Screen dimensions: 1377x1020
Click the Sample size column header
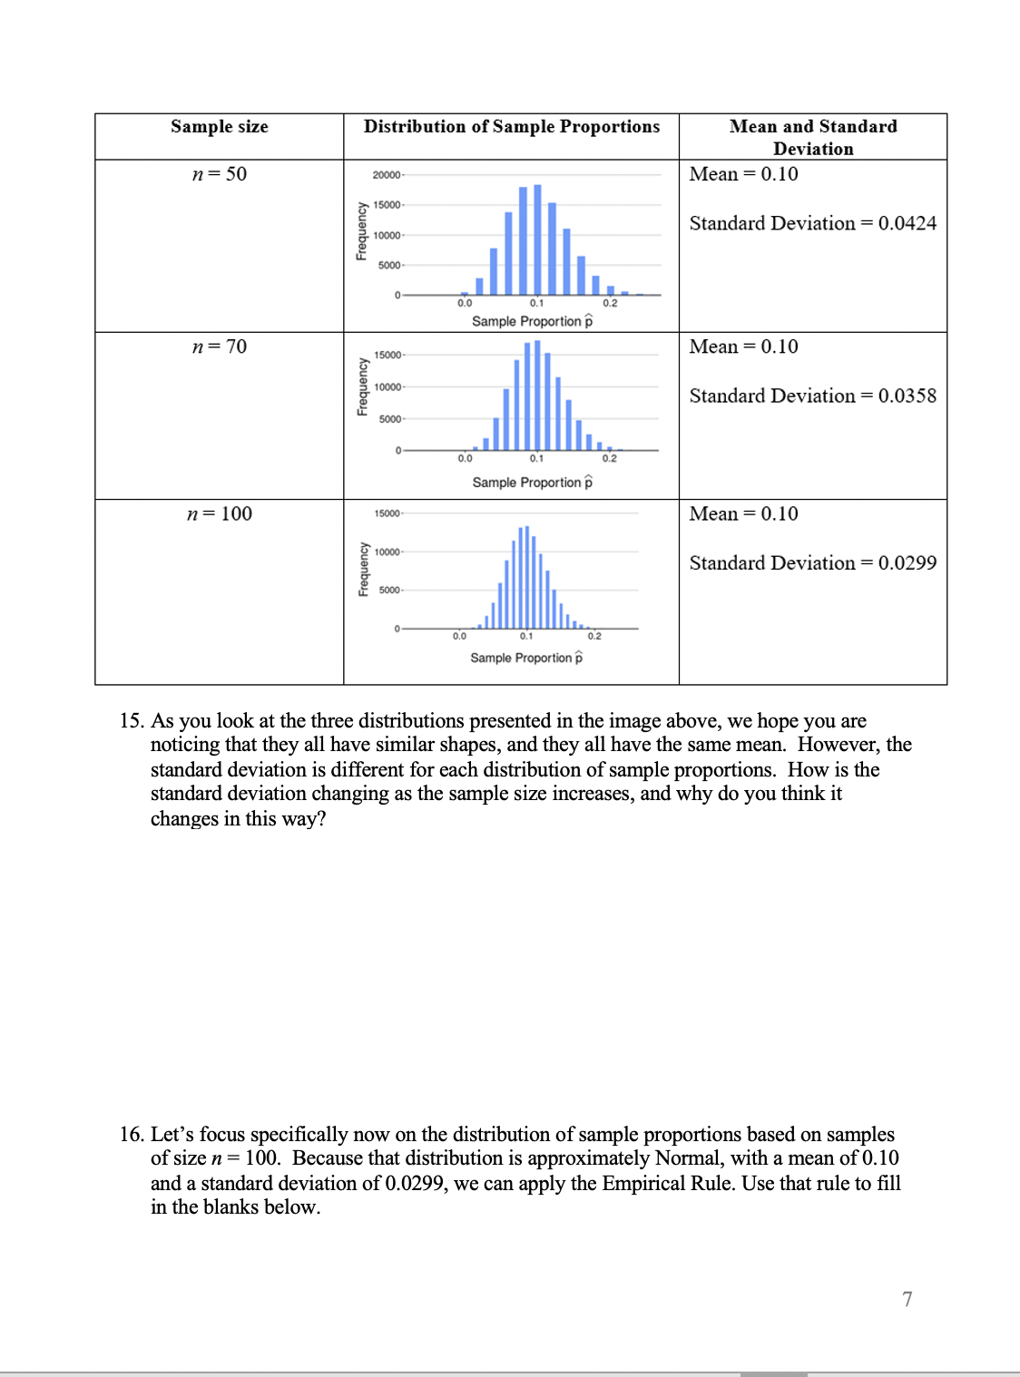pos(219,127)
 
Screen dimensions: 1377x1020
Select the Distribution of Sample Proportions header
pos(511,127)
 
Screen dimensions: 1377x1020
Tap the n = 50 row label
pos(219,174)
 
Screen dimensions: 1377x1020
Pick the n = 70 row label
pos(219,347)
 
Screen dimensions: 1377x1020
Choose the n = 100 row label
pos(219,514)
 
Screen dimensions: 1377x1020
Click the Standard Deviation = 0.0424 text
pos(812,223)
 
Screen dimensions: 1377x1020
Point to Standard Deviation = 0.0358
pos(812,396)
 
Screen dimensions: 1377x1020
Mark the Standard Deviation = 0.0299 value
pos(812,563)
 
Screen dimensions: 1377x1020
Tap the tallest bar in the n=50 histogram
pos(537,239)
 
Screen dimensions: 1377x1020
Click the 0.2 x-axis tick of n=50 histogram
pos(610,303)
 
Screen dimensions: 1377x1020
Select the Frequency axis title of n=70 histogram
pos(362,386)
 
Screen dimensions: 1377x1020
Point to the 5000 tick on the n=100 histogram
pos(389,591)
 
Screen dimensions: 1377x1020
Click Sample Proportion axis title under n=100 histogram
pos(526,658)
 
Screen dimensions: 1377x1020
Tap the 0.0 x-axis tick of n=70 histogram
pos(465,458)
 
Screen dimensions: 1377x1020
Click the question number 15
pos(132,721)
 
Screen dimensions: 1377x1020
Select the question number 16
pos(132,1135)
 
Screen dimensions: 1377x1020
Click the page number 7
pos(907,1299)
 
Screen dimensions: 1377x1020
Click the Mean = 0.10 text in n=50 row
pos(743,174)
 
